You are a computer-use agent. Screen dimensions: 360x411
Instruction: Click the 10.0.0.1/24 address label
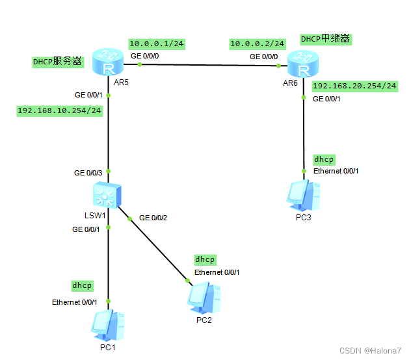click(x=156, y=44)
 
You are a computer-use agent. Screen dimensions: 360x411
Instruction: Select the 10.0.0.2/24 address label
click(x=257, y=44)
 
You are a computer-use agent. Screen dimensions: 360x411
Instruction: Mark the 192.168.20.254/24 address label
click(x=354, y=86)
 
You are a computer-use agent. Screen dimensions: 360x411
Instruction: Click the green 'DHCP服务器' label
click(x=58, y=62)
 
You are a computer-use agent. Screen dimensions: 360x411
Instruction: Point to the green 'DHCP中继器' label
click(x=325, y=39)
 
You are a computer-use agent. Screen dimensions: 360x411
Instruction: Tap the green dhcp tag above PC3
click(x=323, y=159)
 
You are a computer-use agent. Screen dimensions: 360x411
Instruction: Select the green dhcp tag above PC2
click(x=205, y=259)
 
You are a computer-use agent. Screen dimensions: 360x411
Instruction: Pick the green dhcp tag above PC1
click(x=82, y=285)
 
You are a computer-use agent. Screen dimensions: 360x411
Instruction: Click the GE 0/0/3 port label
click(x=88, y=173)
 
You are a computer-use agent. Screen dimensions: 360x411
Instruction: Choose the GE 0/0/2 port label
click(x=153, y=217)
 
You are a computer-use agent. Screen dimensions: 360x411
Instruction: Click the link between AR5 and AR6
click(x=208, y=64)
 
